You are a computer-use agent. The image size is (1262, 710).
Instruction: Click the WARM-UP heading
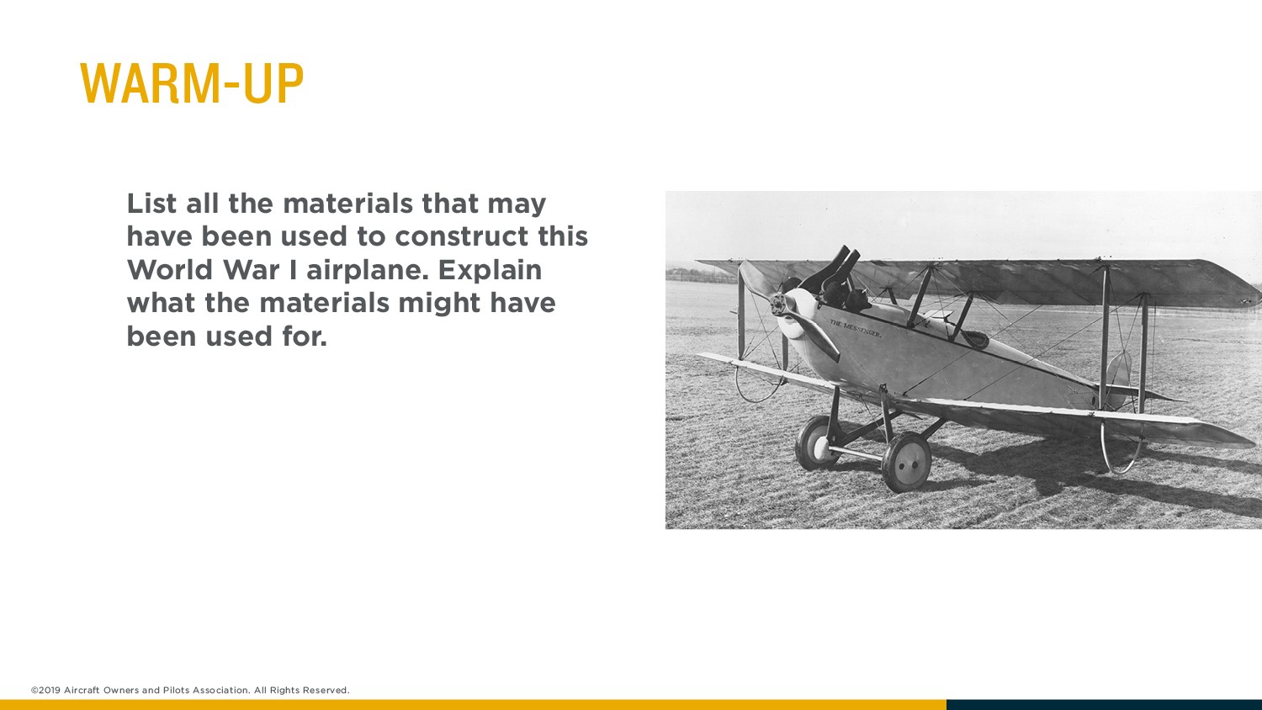(192, 82)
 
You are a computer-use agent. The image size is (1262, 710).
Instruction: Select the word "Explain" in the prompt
(490, 270)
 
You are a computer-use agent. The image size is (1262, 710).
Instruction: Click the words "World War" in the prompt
(203, 270)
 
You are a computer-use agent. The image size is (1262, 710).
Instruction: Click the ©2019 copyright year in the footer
(45, 690)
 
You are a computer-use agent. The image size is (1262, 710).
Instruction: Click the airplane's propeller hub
(778, 305)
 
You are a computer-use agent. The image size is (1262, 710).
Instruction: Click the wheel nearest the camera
(906, 462)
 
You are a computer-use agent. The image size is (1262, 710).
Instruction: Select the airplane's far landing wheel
(816, 443)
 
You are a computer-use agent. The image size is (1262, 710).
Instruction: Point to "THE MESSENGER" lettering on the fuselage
(856, 328)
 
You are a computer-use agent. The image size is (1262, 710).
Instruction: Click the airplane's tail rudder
(1118, 378)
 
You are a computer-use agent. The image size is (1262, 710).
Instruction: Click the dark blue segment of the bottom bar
(1104, 705)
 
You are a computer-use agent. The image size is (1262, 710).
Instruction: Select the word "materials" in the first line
(347, 203)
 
